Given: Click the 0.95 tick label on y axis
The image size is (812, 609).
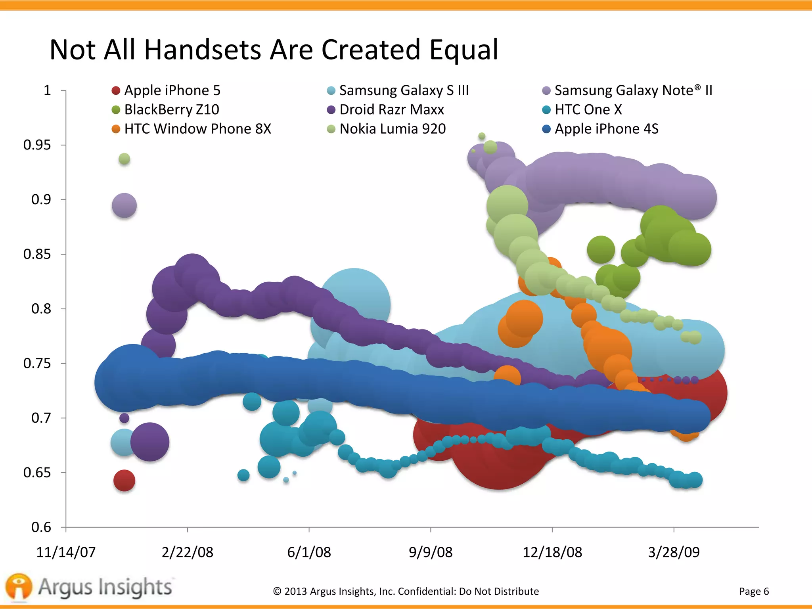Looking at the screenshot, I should [x=37, y=145].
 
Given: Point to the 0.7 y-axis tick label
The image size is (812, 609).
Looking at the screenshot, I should [x=41, y=418].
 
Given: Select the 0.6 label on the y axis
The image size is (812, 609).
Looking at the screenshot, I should [x=41, y=527].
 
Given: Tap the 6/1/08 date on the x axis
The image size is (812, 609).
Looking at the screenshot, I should [x=309, y=552].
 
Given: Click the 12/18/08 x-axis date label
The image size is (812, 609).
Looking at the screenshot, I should [x=552, y=552].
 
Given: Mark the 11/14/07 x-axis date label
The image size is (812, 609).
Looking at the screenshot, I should [x=66, y=552].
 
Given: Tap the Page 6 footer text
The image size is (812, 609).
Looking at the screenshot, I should [x=754, y=591].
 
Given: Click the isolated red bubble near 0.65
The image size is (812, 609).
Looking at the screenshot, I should [x=124, y=481].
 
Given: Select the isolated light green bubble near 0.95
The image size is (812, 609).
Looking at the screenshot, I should [x=124, y=159].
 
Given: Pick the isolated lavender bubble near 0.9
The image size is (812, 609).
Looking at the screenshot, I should [x=124, y=205].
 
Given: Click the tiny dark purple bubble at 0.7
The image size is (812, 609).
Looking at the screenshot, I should [x=124, y=418].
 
